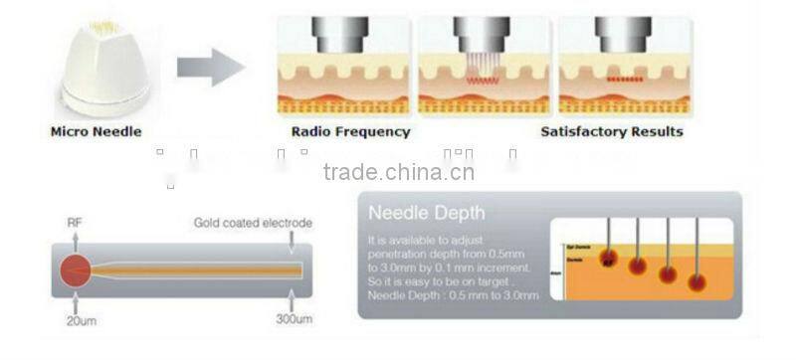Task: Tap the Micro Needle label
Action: click(x=96, y=131)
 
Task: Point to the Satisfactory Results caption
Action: click(x=612, y=131)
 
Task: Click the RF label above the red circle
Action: click(x=75, y=223)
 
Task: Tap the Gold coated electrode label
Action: click(x=254, y=223)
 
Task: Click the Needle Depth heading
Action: click(x=427, y=212)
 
